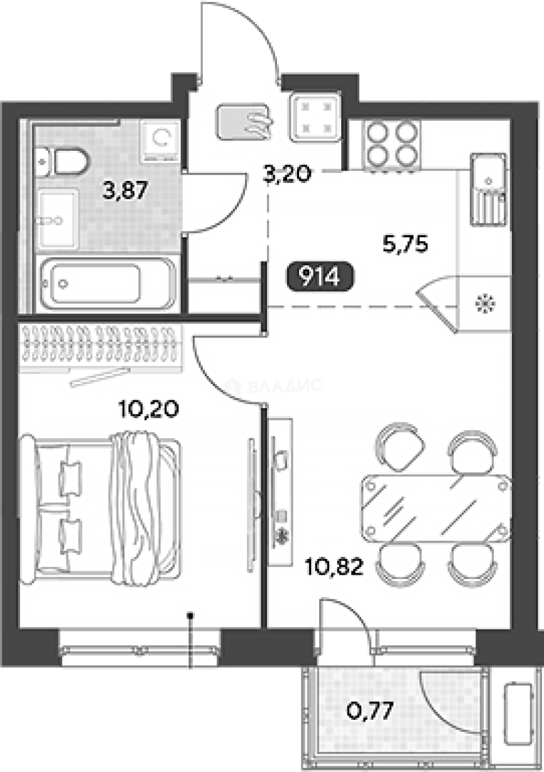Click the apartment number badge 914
(x=321, y=278)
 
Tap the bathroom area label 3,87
(x=126, y=189)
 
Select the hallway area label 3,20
(x=287, y=174)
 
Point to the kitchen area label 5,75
(x=406, y=244)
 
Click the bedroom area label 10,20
(x=148, y=409)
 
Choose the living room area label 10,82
(x=334, y=567)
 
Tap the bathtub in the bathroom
(x=108, y=283)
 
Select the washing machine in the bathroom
(x=160, y=141)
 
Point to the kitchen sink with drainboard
(x=488, y=189)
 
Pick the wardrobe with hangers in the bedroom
(x=101, y=347)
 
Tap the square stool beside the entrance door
(x=315, y=117)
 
